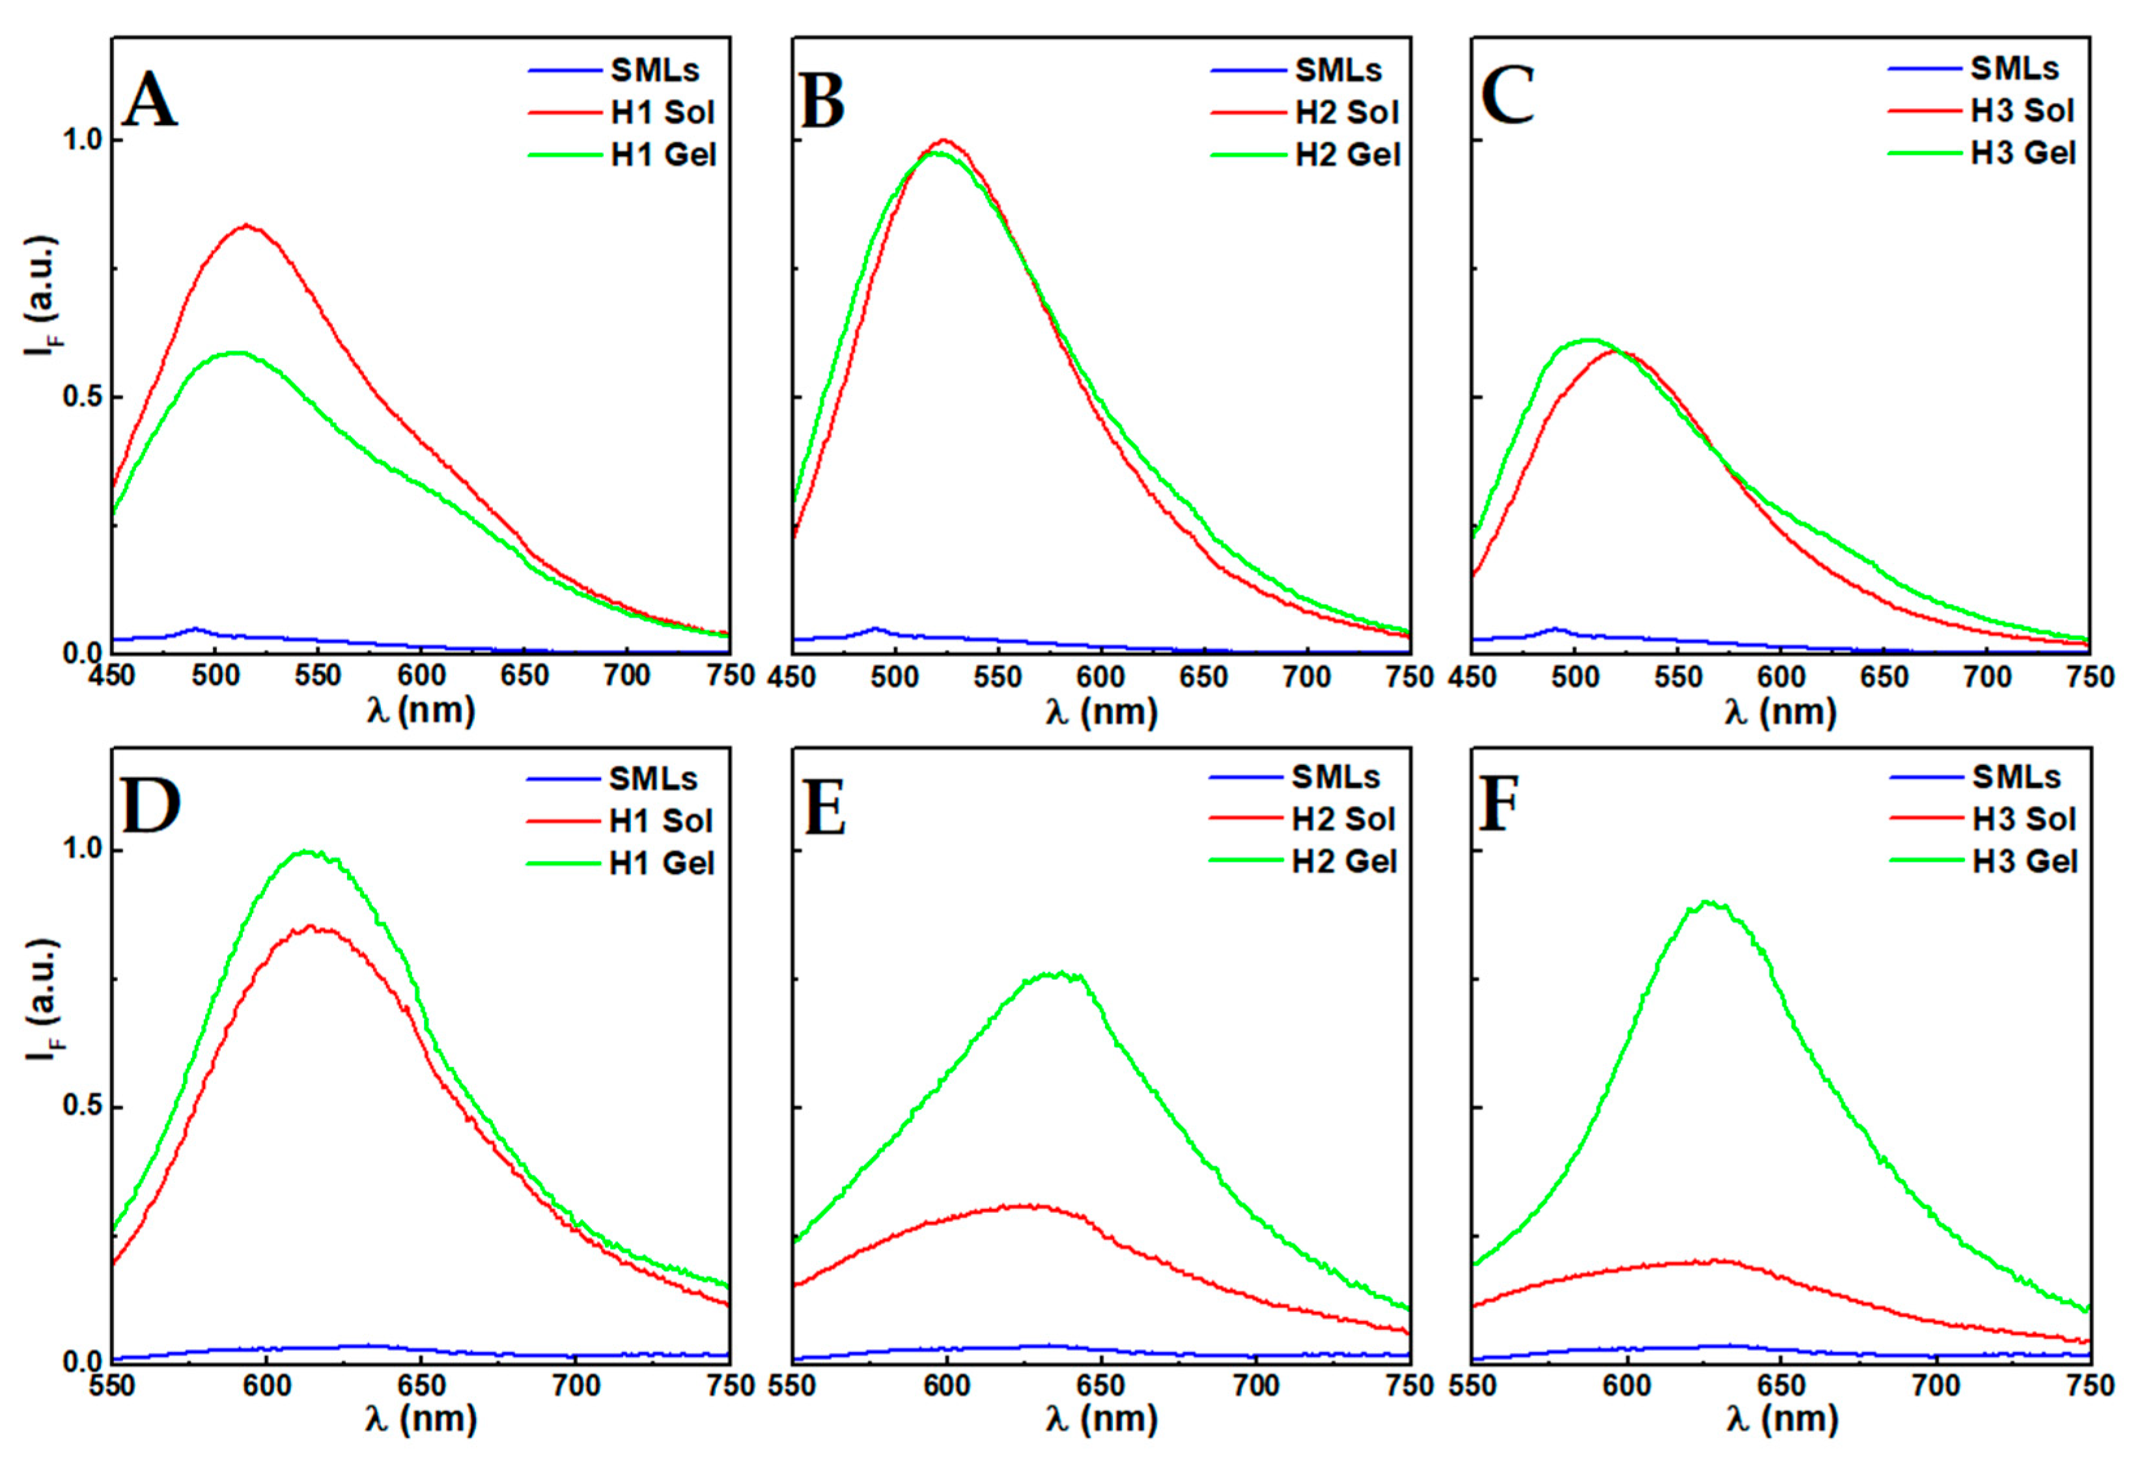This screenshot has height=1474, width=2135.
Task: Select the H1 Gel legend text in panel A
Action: tap(663, 155)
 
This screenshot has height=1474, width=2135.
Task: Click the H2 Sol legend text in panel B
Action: tap(1347, 113)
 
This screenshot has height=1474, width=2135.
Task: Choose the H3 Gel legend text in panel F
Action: tap(2024, 862)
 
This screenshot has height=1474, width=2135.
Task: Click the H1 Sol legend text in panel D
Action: tap(660, 821)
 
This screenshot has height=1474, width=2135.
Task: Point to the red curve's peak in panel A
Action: tap(247, 225)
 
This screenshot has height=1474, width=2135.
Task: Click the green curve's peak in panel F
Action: tap(1707, 902)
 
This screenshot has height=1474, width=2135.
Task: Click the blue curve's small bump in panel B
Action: tap(874, 629)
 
